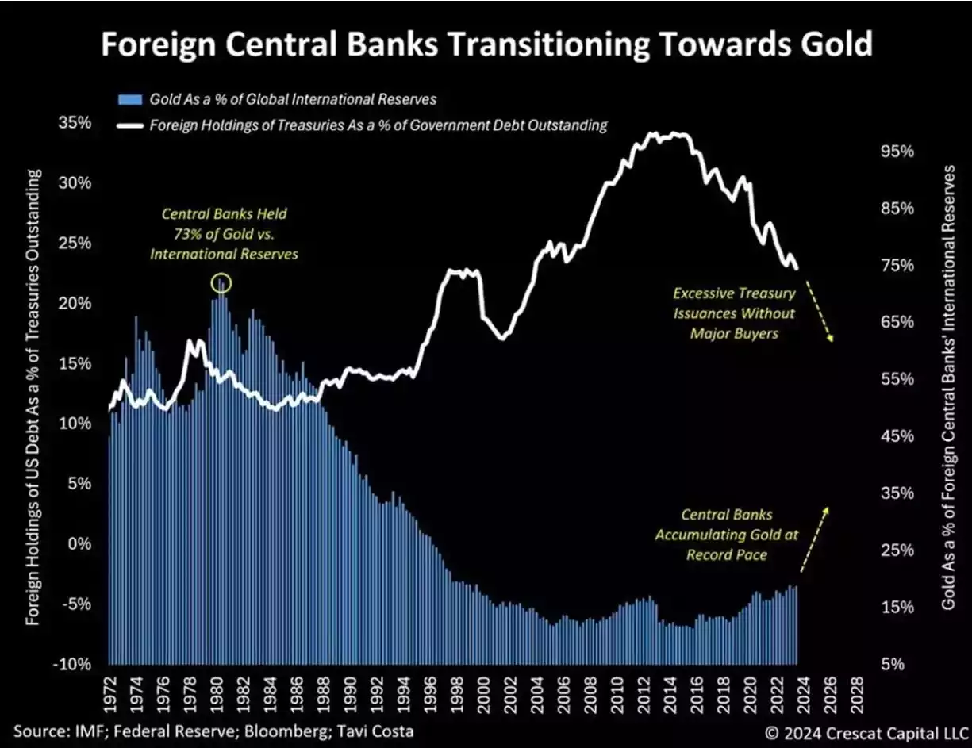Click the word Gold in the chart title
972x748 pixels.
point(835,44)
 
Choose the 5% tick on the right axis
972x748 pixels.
point(893,665)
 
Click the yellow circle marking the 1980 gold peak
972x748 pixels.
point(220,282)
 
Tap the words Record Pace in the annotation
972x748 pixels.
point(726,554)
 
